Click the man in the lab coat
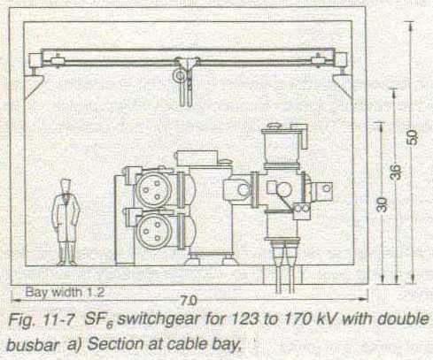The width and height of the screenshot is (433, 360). click(x=66, y=222)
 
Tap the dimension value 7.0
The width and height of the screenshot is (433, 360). click(x=188, y=301)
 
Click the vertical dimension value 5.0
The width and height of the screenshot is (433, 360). click(x=412, y=137)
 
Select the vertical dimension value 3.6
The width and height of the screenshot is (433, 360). click(x=397, y=172)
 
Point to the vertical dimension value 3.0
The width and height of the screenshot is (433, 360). click(x=382, y=204)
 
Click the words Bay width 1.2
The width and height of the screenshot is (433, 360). click(x=65, y=293)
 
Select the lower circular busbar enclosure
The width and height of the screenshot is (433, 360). click(x=155, y=230)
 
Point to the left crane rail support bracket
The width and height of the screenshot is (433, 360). click(x=33, y=86)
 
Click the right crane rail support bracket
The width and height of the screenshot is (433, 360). click(x=343, y=86)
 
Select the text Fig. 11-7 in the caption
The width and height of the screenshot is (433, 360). click(x=41, y=320)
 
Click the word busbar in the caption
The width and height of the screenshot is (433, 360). click(x=32, y=345)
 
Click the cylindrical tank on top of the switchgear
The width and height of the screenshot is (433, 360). click(x=281, y=147)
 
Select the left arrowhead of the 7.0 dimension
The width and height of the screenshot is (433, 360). click(x=16, y=301)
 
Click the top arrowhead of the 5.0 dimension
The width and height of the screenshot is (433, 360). click(x=411, y=26)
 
